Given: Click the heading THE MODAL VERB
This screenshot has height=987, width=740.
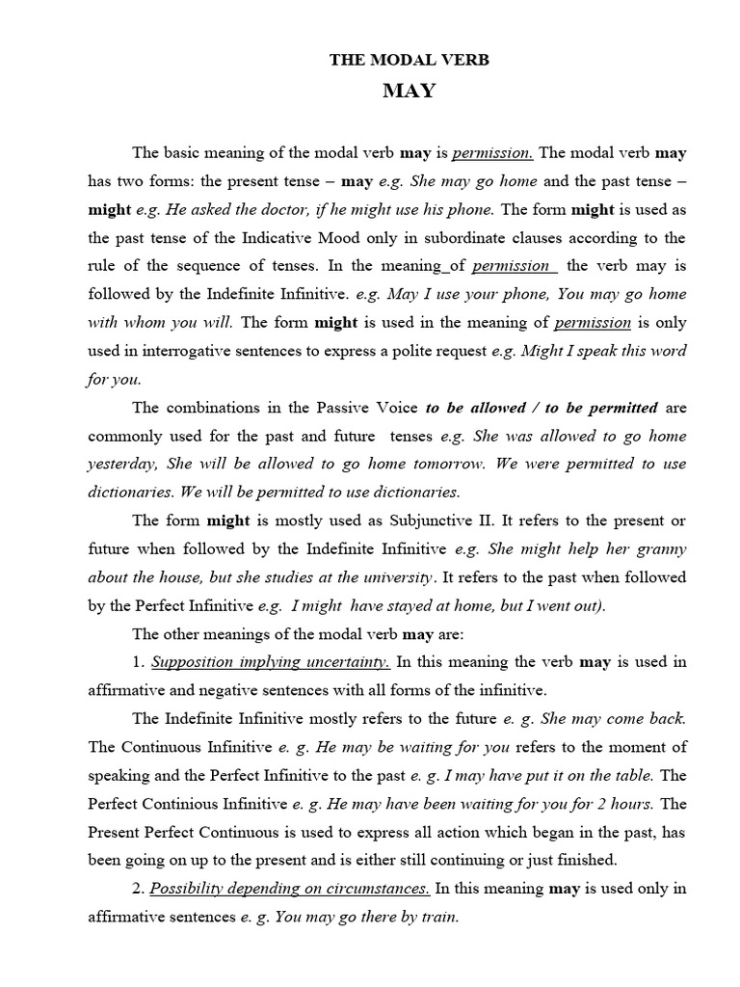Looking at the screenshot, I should [x=410, y=60].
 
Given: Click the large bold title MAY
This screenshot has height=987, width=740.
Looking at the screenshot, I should [x=410, y=92].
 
